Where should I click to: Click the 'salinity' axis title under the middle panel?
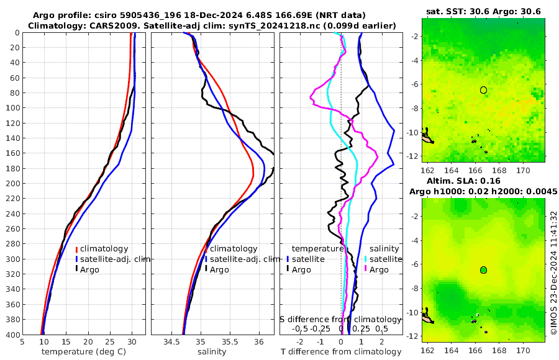pos(212,352)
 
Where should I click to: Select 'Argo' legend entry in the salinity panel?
pos(219,269)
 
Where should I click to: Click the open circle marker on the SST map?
pos(483,90)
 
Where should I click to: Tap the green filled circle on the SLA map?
pos(483,270)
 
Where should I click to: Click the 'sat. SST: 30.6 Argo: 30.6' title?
pos(483,11)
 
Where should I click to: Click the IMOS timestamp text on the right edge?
pos(553,273)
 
